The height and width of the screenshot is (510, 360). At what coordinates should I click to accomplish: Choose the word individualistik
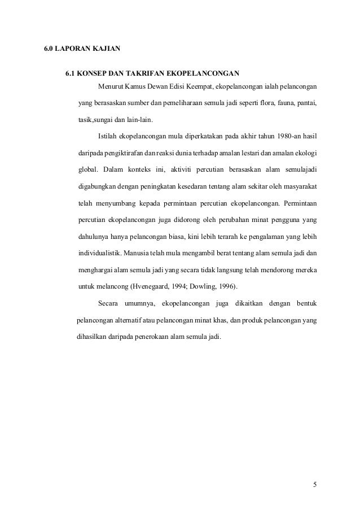pyautogui.click(x=99, y=252)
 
